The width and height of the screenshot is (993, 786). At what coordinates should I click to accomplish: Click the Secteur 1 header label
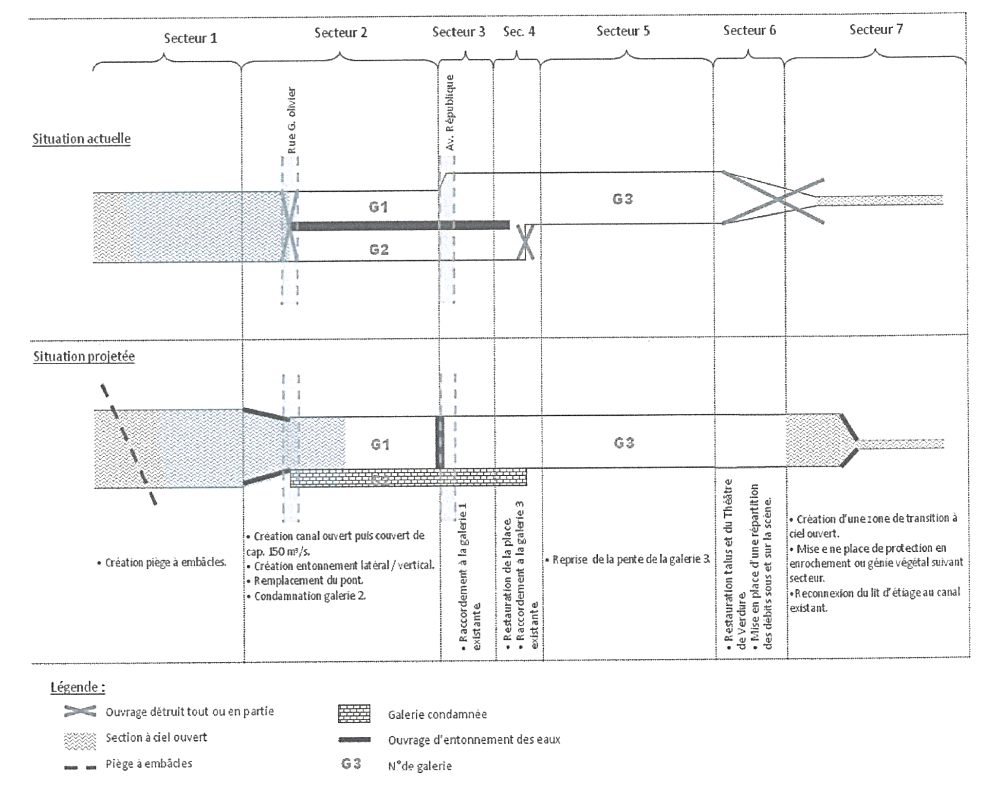click(x=190, y=38)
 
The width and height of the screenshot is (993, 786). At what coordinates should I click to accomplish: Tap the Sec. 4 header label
click(x=519, y=32)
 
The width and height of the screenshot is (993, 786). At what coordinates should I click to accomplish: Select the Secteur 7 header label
click(x=876, y=30)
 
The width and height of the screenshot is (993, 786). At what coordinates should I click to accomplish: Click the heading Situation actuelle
click(x=82, y=139)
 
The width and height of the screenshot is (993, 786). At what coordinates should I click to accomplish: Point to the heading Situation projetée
click(x=84, y=356)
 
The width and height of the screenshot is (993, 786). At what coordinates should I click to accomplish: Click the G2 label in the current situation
click(x=379, y=249)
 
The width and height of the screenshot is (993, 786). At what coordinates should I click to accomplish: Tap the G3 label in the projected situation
click(x=624, y=443)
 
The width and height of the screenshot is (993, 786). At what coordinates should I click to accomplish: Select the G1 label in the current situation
click(x=378, y=207)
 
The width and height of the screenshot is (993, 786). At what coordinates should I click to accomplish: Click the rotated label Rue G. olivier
click(x=292, y=121)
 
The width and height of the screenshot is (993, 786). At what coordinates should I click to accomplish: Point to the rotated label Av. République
click(x=450, y=112)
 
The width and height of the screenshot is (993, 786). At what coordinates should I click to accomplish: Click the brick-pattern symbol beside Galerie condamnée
click(x=354, y=714)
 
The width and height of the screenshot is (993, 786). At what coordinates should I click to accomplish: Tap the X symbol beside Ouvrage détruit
click(x=80, y=711)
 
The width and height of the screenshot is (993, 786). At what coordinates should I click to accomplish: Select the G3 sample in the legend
click(x=351, y=763)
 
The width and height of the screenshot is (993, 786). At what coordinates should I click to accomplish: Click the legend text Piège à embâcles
click(x=149, y=763)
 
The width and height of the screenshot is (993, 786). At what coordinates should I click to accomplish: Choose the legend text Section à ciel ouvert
click(x=156, y=737)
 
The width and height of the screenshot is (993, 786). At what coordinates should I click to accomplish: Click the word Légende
click(x=78, y=687)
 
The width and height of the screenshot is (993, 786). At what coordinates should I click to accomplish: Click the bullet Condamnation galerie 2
click(x=310, y=596)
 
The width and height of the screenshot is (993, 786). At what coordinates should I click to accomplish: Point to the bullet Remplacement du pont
click(x=308, y=580)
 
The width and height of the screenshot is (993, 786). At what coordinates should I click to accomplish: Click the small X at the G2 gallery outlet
click(x=525, y=242)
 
